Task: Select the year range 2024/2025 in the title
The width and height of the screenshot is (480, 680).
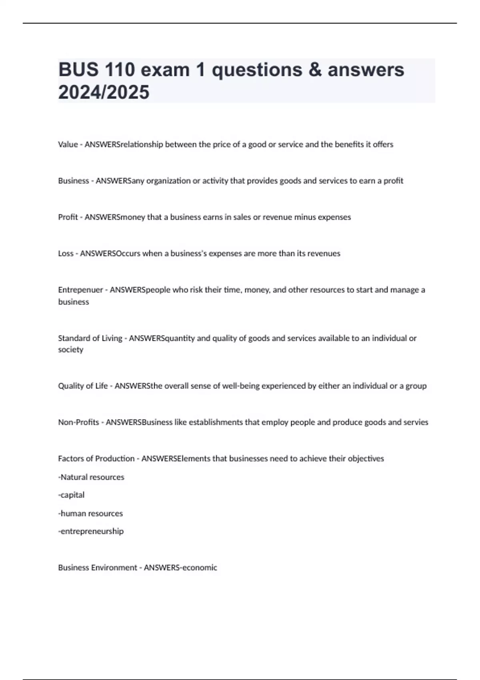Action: (x=104, y=92)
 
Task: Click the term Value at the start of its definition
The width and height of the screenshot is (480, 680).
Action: (x=68, y=144)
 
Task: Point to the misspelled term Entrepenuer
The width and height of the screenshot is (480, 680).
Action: (x=80, y=290)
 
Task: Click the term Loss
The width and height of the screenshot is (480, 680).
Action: (x=66, y=253)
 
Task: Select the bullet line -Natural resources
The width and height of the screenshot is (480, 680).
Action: (x=91, y=477)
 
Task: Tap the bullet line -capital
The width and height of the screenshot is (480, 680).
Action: (x=71, y=495)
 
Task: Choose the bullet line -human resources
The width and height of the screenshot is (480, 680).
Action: (x=90, y=513)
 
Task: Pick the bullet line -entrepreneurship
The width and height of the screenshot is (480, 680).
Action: (x=91, y=531)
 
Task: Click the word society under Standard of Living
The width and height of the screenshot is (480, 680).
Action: (x=70, y=350)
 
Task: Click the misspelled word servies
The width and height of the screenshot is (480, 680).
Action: (x=416, y=422)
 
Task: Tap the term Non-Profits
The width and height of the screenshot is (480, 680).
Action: (x=78, y=422)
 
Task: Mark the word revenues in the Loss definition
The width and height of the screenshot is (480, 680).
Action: (x=324, y=253)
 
